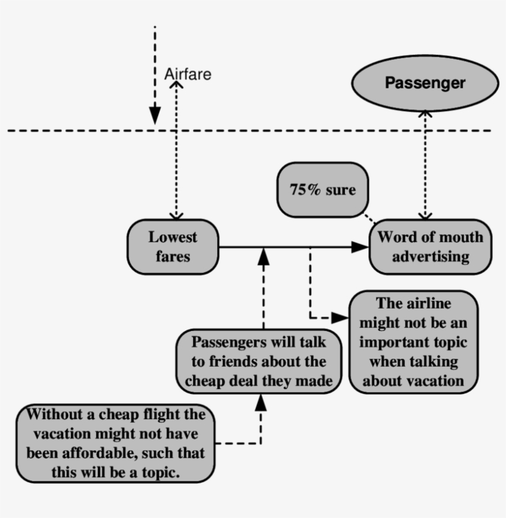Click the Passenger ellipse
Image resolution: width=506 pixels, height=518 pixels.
click(x=425, y=82)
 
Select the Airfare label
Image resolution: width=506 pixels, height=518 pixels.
click(x=188, y=74)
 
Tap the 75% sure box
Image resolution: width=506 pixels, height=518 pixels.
click(x=322, y=190)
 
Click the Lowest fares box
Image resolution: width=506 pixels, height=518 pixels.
click(x=173, y=246)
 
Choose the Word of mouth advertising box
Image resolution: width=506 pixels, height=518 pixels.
click(x=430, y=246)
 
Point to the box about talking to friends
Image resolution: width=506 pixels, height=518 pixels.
click(x=259, y=361)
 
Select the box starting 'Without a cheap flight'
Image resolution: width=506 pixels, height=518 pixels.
click(x=116, y=443)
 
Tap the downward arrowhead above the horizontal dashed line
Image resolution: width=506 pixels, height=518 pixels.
click(x=155, y=115)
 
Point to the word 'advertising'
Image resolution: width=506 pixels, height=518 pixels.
click(x=430, y=256)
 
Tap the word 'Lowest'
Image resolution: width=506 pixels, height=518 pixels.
click(x=173, y=237)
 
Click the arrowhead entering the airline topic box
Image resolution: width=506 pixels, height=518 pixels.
click(x=340, y=317)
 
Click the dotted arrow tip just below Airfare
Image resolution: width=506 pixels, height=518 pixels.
click(x=177, y=86)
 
